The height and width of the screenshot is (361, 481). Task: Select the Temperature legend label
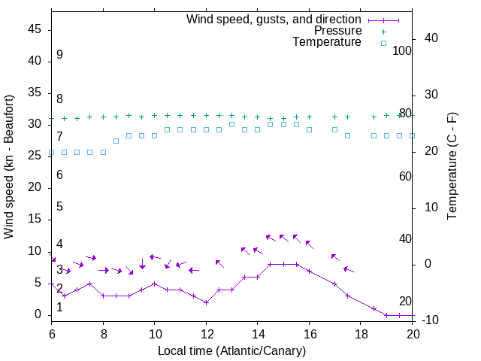[327, 42]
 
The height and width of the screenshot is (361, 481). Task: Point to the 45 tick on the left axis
[35, 29]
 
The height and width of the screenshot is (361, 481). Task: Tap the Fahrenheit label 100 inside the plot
[402, 50]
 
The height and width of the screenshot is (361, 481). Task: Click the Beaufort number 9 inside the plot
[59, 55]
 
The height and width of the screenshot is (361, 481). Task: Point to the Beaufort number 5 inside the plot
[59, 207]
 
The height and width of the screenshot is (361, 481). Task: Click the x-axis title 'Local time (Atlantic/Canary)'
[231, 350]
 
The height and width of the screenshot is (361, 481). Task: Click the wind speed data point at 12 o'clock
[206, 302]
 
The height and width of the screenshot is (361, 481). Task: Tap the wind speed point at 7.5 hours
[90, 284]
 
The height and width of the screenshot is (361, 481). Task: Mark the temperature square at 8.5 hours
[116, 141]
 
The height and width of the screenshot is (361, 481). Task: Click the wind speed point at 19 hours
[386, 314]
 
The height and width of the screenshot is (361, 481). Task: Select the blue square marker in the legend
[383, 43]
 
